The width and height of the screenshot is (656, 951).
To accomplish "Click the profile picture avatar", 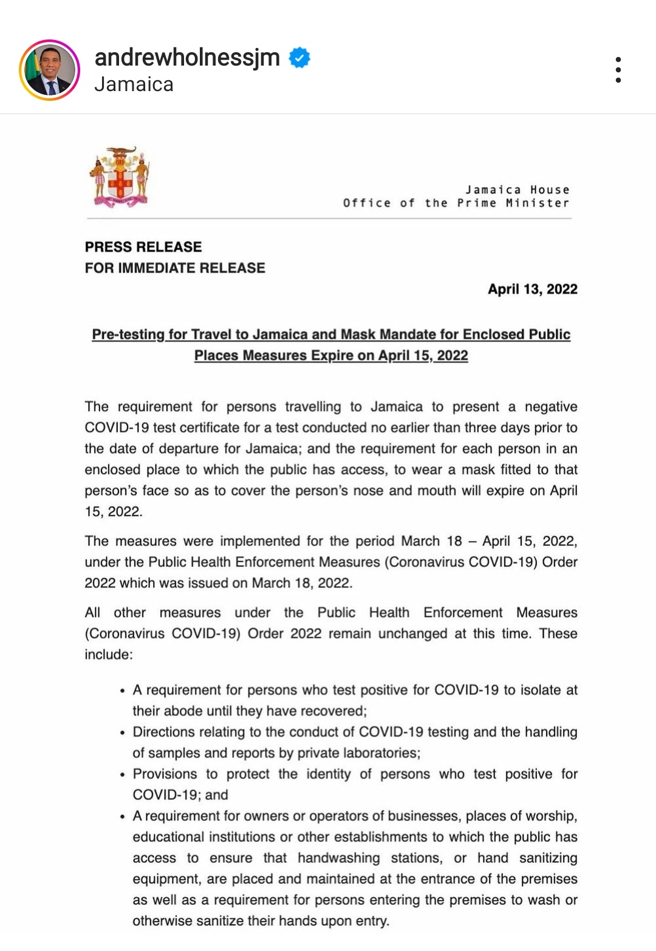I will coord(50,70).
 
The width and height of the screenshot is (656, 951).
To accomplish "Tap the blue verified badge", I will coord(299,58).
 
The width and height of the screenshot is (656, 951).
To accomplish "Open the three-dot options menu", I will coord(618,70).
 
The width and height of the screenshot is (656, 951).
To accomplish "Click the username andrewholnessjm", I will coord(187,58).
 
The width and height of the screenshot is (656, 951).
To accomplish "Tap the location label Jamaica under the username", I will coord(134,84).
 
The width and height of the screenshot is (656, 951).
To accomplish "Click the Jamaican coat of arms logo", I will coord(120,177).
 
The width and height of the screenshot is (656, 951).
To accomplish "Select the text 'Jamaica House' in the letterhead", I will coord(518,190).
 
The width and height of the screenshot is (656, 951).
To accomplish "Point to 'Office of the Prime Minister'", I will coord(456,203).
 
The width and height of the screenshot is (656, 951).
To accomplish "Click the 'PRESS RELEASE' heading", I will coord(143,247).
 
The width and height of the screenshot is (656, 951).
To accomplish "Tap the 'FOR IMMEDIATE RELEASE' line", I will coord(175,268).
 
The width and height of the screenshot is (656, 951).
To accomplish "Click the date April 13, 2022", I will coord(532,289).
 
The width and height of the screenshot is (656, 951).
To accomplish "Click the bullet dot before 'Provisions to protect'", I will coord(123,775).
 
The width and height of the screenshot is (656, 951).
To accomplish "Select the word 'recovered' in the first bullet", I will coord(333,711).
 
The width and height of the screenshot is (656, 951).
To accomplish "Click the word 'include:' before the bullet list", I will coord(109,655).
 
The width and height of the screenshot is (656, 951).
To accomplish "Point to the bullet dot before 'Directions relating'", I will coord(123,733).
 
